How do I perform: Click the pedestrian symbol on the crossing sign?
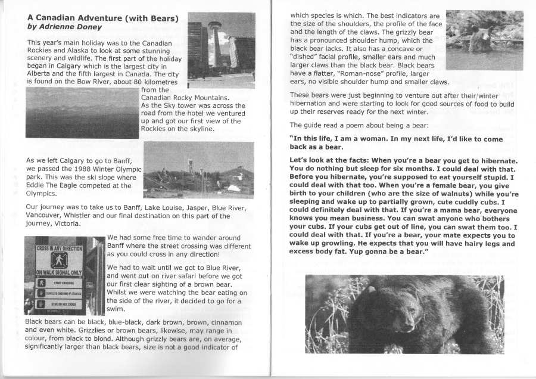[x=58, y=260]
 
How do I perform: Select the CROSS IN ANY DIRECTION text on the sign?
[x=59, y=248]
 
